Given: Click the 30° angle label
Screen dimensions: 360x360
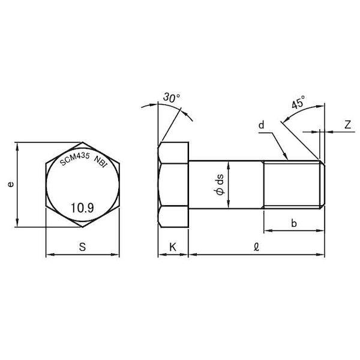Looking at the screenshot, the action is point(172,98).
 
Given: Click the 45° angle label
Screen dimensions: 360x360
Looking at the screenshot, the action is point(298,102).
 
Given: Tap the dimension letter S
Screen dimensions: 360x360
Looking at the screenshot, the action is point(82,247).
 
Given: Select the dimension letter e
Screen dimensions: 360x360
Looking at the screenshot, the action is point(11,184).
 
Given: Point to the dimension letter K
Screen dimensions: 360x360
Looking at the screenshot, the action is point(173,247).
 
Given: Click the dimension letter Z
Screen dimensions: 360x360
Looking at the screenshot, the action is point(348,125).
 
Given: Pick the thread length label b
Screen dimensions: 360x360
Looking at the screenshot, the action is point(293,223).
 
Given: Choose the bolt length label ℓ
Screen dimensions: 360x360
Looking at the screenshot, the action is point(256,247).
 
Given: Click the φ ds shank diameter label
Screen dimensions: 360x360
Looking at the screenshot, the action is point(220,185).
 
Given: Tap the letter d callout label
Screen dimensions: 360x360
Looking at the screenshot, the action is point(261,125).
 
